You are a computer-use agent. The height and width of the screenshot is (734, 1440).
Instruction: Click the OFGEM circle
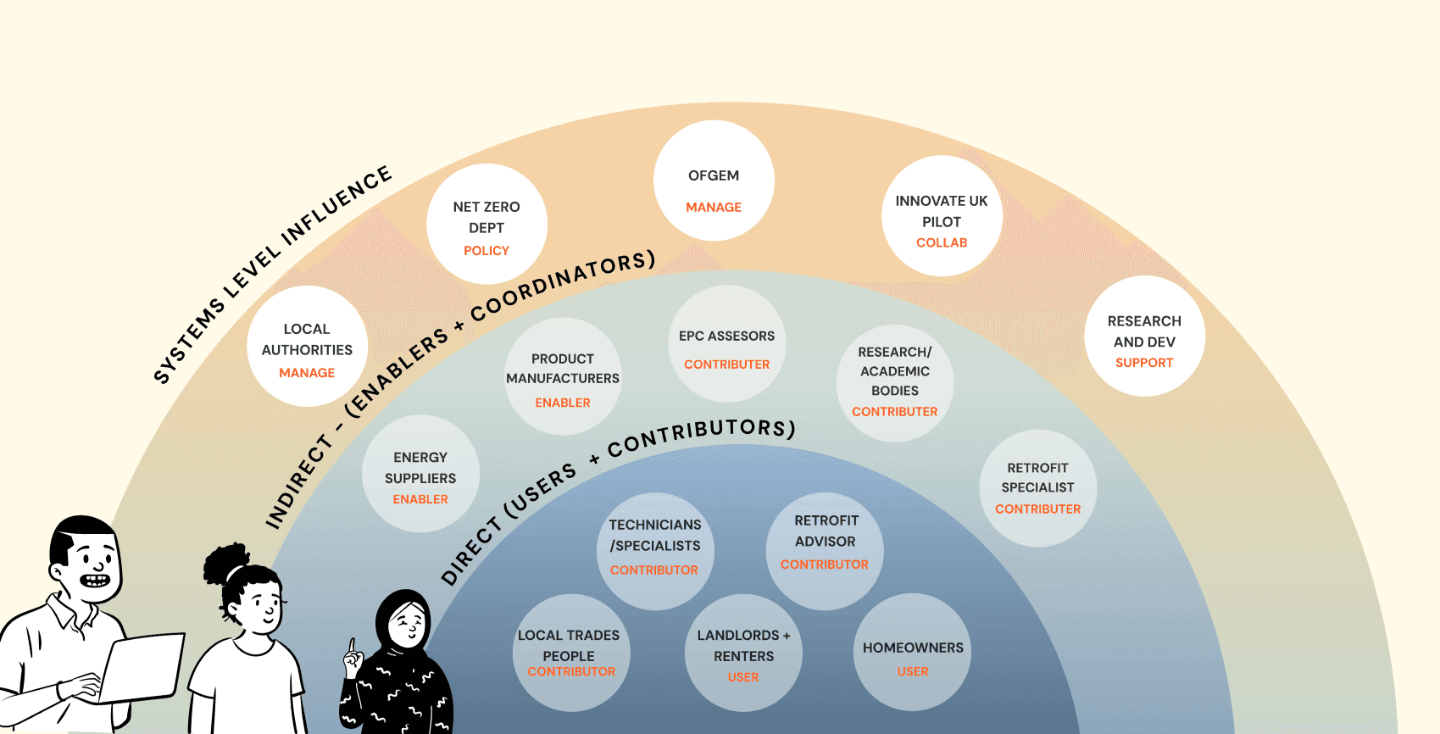click(x=714, y=181)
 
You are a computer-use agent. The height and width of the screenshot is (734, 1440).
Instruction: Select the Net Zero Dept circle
click(x=486, y=225)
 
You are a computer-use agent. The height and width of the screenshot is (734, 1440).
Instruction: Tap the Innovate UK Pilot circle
click(x=942, y=216)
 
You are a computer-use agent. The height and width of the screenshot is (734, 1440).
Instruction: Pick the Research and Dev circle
click(x=1144, y=336)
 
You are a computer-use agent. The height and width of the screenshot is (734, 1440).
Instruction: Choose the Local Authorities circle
click(x=307, y=347)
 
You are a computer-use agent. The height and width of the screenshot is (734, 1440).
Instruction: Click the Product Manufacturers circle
click(x=563, y=376)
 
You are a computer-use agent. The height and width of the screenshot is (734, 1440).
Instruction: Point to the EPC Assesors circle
click(x=726, y=343)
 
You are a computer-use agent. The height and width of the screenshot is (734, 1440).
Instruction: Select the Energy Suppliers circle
click(x=420, y=474)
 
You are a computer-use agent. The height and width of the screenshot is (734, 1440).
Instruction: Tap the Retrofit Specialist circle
click(x=1037, y=488)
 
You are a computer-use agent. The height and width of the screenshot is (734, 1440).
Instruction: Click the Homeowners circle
click(x=912, y=652)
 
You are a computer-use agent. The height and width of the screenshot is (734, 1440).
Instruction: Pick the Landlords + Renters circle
click(x=743, y=653)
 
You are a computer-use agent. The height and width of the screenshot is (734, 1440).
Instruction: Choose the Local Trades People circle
click(x=570, y=653)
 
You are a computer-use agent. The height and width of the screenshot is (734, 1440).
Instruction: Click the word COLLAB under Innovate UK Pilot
click(x=942, y=242)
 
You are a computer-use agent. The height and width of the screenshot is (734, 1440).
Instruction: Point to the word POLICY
click(x=486, y=251)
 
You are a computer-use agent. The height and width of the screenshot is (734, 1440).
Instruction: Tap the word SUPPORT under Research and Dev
click(x=1144, y=363)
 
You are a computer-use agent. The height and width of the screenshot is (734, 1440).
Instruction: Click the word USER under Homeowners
click(x=913, y=671)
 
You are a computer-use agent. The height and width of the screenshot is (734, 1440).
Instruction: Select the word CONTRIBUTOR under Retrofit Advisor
click(x=824, y=564)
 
